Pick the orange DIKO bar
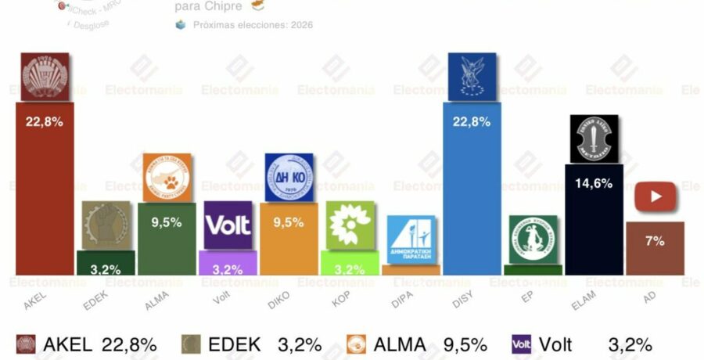click(289, 239)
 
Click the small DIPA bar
click(411, 270)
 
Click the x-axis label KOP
click(348, 298)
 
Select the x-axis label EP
click(533, 297)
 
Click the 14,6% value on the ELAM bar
click(594, 183)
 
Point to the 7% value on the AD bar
click(655, 241)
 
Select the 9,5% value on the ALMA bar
click(167, 221)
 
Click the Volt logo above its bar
click(228, 225)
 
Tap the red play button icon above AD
click(655, 197)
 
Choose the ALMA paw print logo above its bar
click(167, 177)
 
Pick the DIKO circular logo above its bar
click(289, 178)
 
